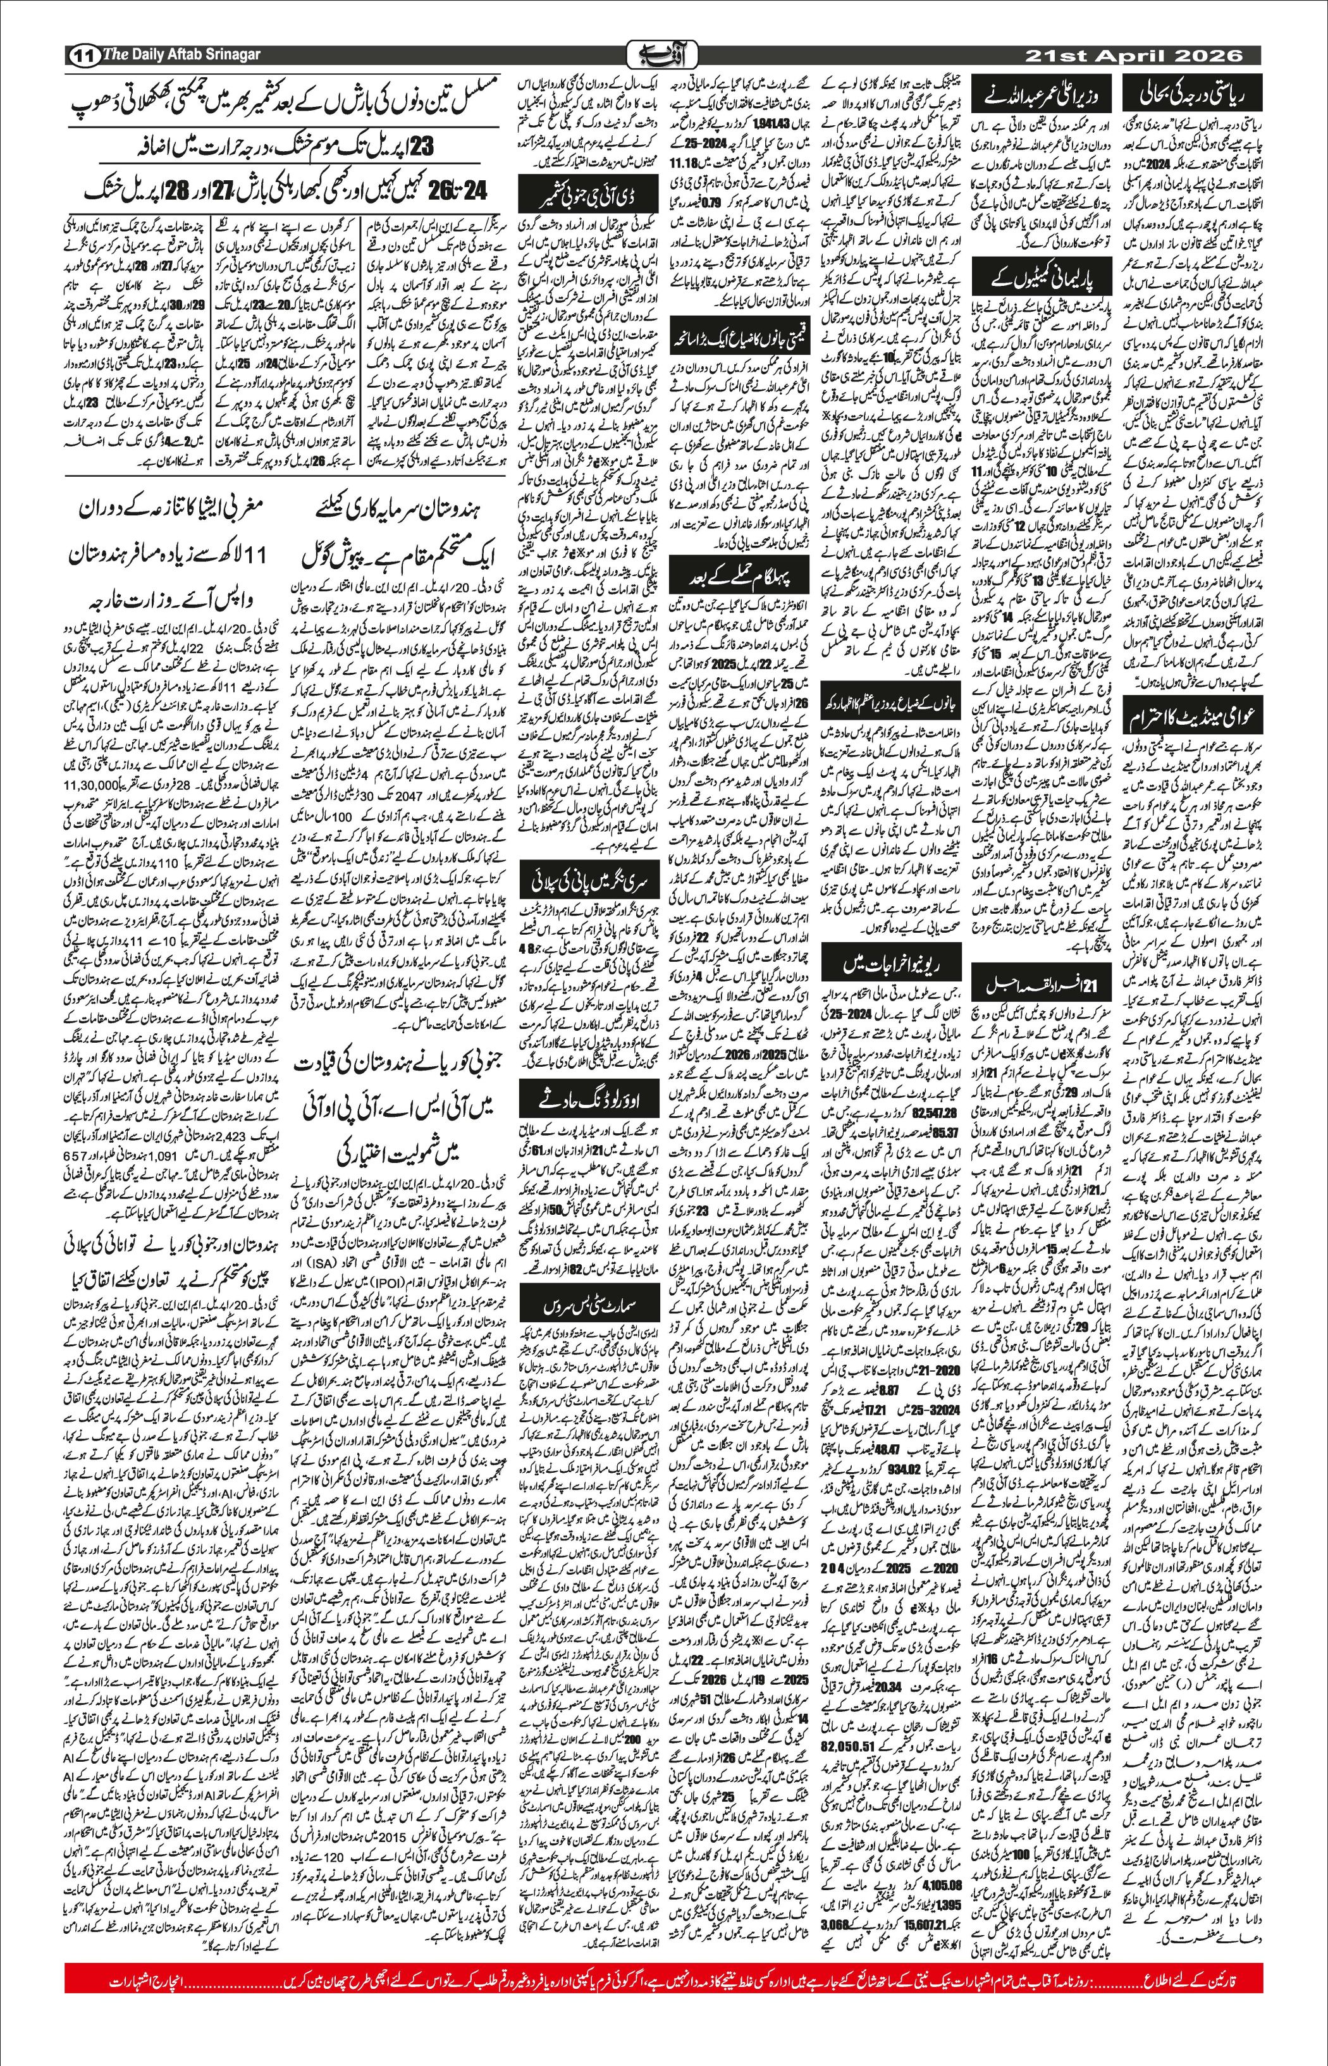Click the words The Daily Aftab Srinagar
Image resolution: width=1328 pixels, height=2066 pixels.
[x=181, y=55]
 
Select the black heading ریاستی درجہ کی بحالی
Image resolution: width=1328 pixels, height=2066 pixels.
[x=1193, y=92]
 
